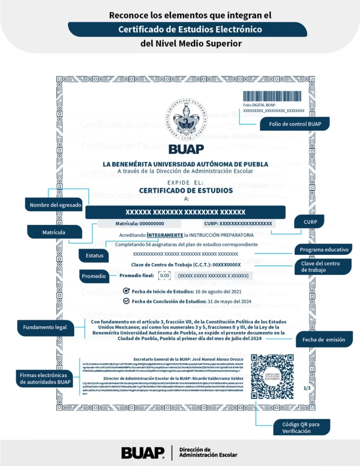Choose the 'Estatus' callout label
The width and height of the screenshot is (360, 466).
tap(94, 255)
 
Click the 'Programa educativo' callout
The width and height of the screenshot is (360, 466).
tap(325, 249)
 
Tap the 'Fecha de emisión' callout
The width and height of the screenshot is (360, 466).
tap(324, 339)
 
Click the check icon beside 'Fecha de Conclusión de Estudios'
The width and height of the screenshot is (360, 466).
tap(127, 301)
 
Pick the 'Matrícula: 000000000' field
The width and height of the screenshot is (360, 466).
tap(140, 224)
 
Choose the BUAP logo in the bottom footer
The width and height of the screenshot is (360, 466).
tap(143, 453)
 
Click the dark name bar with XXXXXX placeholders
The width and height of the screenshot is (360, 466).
tap(185, 212)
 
